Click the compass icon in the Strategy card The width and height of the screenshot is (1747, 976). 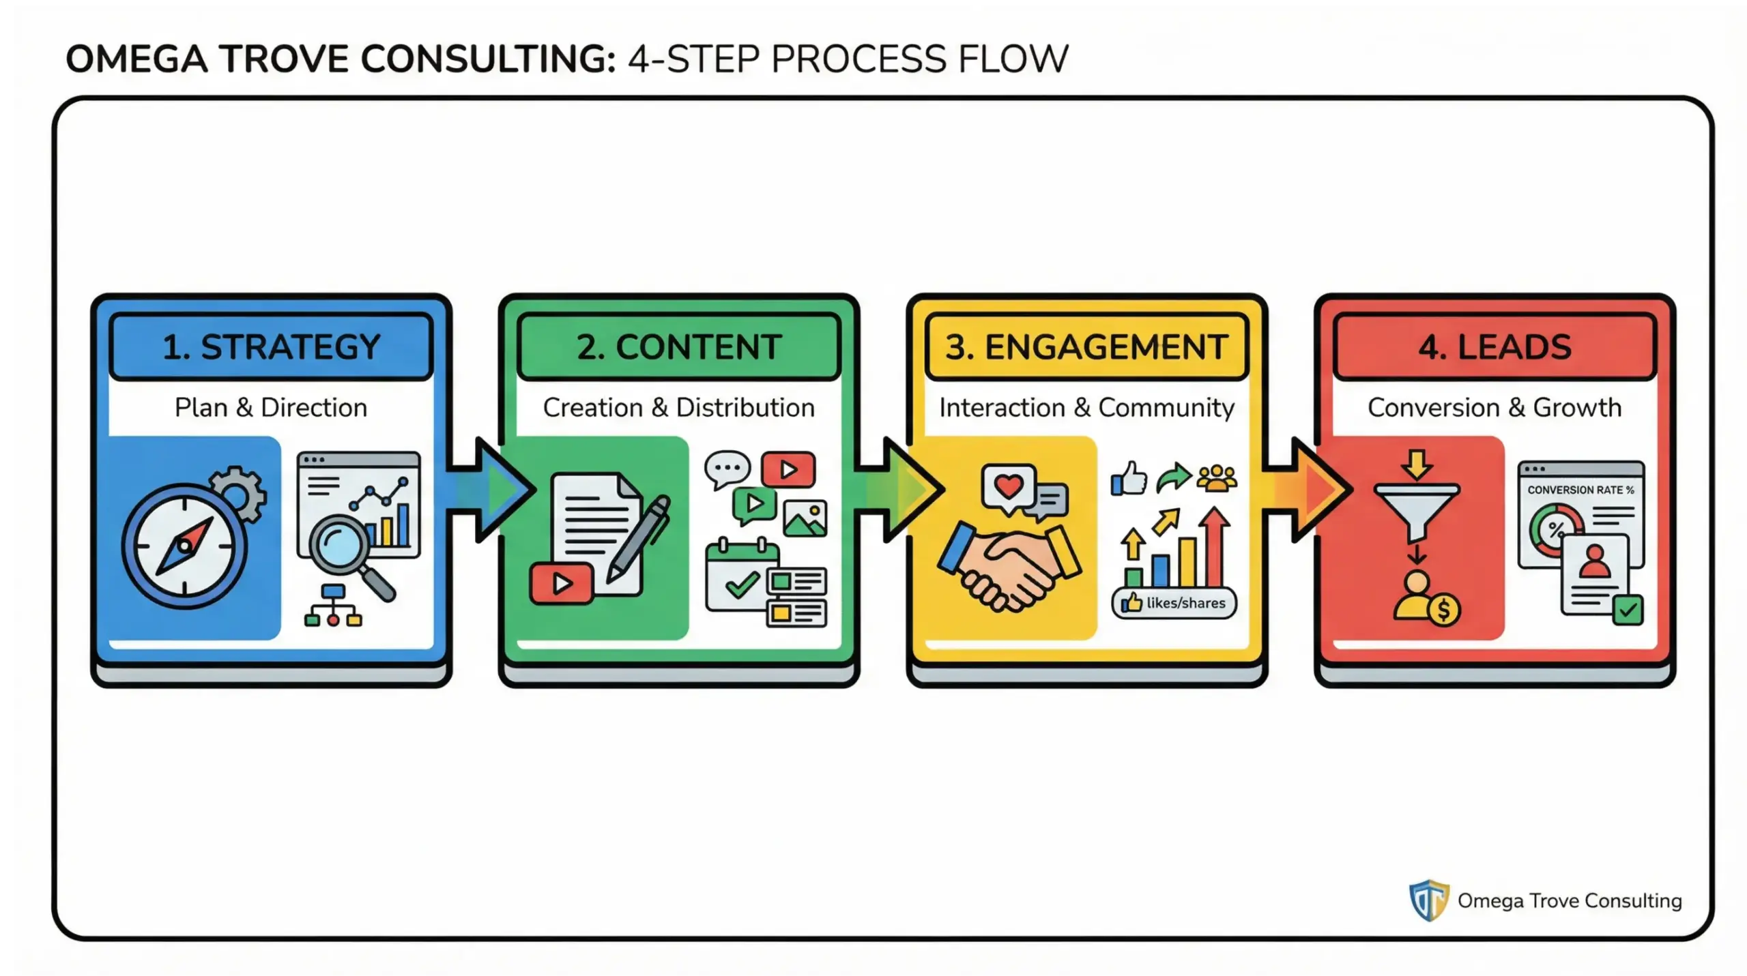click(184, 546)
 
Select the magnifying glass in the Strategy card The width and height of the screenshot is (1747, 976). click(341, 546)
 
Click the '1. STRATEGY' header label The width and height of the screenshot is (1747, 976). click(271, 346)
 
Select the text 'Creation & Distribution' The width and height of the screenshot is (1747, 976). click(678, 408)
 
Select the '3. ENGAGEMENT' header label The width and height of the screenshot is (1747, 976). click(1086, 346)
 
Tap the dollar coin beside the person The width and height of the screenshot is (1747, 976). click(1443, 610)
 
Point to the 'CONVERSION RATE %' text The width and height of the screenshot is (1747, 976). click(1580, 490)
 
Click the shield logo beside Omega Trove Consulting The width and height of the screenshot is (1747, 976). click(1428, 900)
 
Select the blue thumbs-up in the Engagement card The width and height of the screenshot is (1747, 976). click(1129, 479)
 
